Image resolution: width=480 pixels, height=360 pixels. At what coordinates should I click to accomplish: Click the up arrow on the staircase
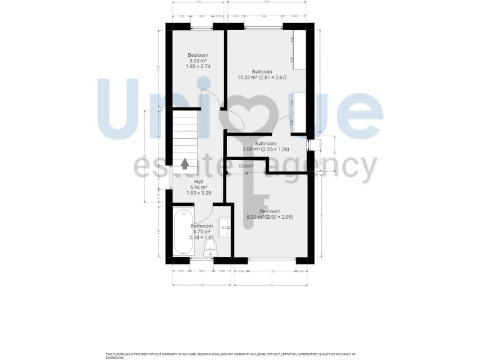pos(185,164)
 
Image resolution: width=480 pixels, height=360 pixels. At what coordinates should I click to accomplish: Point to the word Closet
pos(246,166)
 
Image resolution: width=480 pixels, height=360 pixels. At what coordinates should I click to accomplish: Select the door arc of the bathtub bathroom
pos(204,216)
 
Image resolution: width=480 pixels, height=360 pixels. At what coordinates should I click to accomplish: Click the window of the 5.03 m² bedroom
pos(201,27)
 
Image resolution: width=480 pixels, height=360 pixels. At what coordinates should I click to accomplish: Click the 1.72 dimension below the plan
pos(271,271)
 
